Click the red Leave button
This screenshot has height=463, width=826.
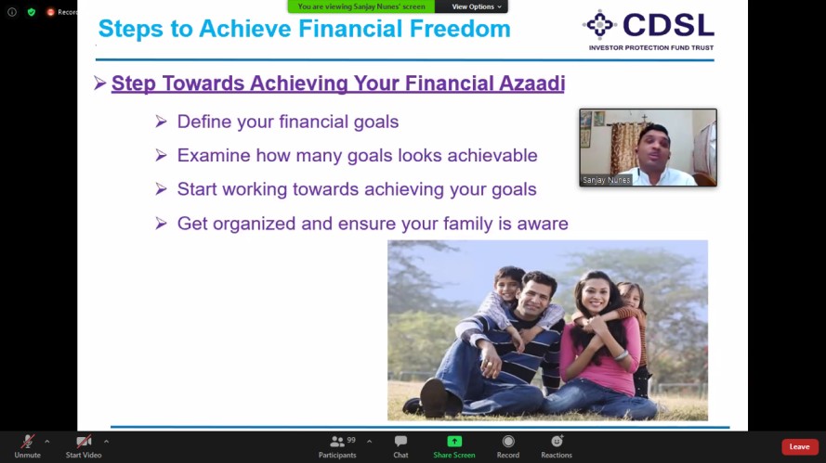[800, 446]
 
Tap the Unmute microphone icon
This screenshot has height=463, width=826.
[27, 441]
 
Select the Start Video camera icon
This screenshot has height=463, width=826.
[84, 441]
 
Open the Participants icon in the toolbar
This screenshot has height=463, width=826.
[337, 442]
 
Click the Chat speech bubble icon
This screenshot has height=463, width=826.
[400, 441]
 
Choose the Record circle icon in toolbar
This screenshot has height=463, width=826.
[508, 441]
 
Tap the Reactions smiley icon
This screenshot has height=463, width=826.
[557, 441]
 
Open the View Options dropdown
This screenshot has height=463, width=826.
[477, 6]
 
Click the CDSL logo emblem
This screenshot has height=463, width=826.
[599, 24]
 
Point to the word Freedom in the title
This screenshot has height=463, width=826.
[460, 29]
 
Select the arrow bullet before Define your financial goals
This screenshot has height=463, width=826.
[161, 122]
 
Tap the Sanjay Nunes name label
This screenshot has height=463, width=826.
[607, 180]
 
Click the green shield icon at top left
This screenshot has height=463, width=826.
[32, 11]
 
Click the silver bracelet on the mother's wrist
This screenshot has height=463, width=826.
[623, 355]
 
